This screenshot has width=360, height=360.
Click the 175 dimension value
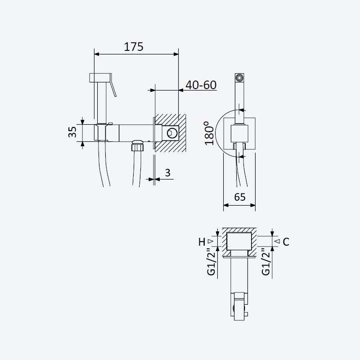[x=134, y=47]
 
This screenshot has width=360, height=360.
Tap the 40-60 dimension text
[x=201, y=85]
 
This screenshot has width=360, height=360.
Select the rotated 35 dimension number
[x=72, y=132]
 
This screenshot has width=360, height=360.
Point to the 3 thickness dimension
[x=168, y=173]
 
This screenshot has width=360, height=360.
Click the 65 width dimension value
[x=240, y=197]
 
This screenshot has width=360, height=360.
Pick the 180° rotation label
[x=209, y=133]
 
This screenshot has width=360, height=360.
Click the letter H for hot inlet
[x=202, y=242]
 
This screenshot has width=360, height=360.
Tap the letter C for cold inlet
[x=286, y=242]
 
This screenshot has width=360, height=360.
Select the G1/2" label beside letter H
[x=211, y=262]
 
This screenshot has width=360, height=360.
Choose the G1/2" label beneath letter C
[x=266, y=262]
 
